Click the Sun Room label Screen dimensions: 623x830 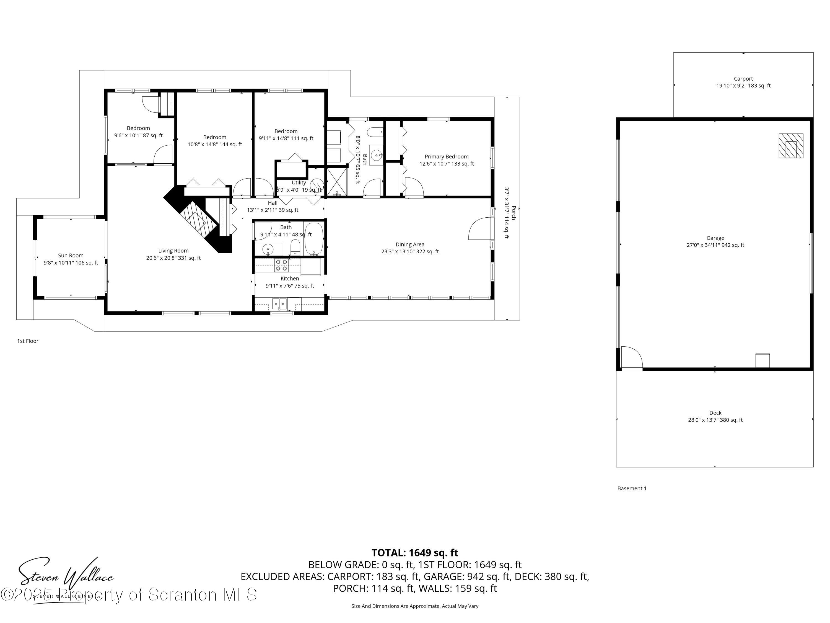click(71, 255)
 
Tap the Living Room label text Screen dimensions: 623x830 click(173, 251)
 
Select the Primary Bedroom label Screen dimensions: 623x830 click(447, 157)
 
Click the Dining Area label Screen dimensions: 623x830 click(410, 244)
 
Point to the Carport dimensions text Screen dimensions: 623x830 click(743, 86)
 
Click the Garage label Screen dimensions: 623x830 click(715, 238)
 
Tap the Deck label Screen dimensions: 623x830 click(715, 413)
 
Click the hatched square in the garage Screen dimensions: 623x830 click(791, 146)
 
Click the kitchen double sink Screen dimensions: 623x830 click(279, 303)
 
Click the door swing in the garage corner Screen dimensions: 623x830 click(631, 357)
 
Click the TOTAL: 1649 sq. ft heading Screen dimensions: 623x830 click(415, 553)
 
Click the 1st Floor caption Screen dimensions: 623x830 click(28, 341)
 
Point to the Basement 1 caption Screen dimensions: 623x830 click(632, 488)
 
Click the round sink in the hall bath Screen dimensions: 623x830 click(268, 249)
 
